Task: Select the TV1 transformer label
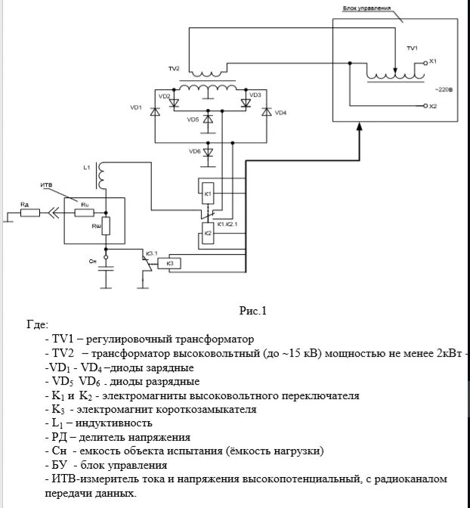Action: tap(412, 48)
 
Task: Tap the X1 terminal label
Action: tap(432, 60)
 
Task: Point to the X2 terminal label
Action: tap(432, 107)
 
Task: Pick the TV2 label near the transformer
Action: tap(174, 69)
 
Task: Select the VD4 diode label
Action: tap(281, 112)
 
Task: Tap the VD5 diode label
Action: tap(193, 119)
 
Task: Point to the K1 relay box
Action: tap(208, 194)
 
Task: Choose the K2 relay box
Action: tap(208, 234)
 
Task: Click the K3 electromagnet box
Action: tap(169, 264)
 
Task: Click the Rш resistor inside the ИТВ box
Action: tap(106, 225)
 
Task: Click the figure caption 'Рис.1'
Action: tap(253, 310)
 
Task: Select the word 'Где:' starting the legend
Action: tap(37, 324)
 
